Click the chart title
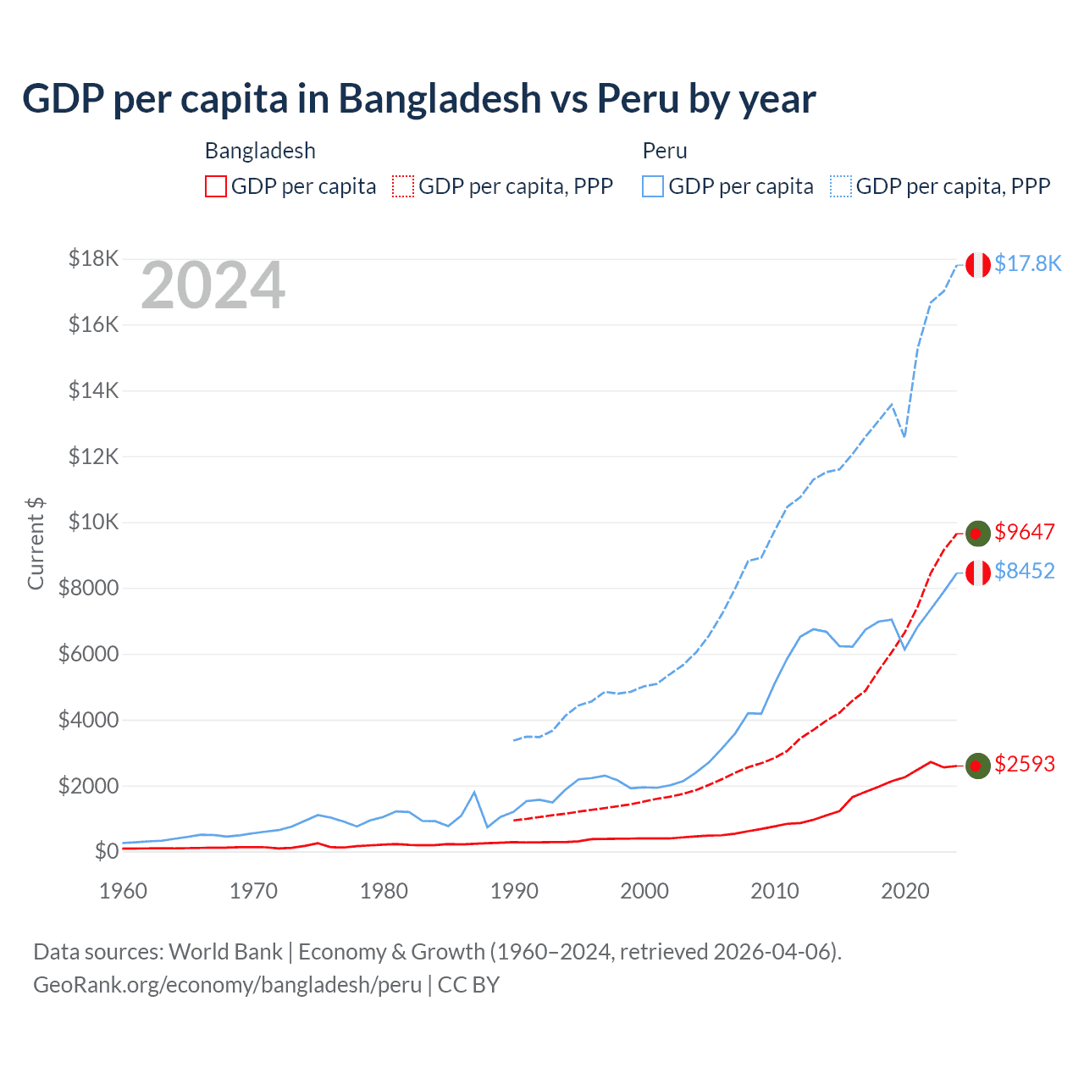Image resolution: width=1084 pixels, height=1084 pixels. coord(418,99)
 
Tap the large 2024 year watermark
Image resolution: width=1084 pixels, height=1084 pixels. coord(213,286)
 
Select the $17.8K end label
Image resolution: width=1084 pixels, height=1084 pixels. coord(1027,263)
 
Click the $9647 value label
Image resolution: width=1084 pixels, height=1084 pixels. coord(1025,532)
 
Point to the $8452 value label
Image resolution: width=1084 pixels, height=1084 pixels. coord(1025,571)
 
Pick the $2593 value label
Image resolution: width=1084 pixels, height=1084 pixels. coord(1025,764)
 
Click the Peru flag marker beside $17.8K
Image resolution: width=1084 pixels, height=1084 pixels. coord(978,265)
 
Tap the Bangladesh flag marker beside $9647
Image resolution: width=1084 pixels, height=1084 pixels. coord(978,534)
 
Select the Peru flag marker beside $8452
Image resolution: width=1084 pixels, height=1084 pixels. coord(978,572)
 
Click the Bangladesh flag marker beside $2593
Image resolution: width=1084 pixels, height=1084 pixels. coord(978,766)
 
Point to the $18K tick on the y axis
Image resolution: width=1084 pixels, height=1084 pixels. coord(93,258)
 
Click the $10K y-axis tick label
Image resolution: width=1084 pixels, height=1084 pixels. coord(93,522)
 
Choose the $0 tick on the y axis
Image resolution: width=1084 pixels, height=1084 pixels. coord(106,851)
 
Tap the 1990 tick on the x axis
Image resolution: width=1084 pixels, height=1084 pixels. coord(514,891)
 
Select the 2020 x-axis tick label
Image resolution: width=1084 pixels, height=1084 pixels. coord(905,891)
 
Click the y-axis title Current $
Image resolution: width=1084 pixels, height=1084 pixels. coord(36,544)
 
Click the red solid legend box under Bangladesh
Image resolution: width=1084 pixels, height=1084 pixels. coord(216,186)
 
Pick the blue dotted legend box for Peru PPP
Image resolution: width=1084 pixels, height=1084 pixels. coord(841,186)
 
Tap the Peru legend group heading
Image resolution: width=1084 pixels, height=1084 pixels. coord(665,151)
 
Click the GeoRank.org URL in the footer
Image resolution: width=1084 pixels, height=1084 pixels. coord(227,985)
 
